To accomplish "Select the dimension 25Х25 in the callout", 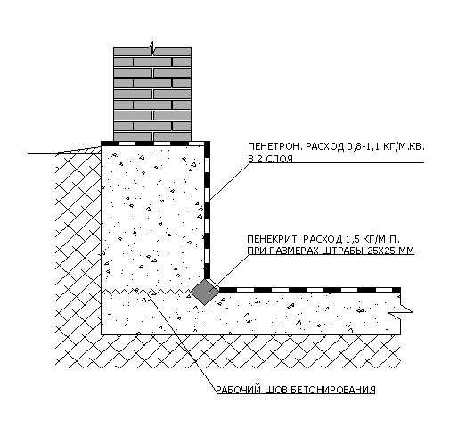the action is (x=381, y=251).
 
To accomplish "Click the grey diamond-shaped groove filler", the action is (x=205, y=292).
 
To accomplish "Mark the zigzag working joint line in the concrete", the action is (x=146, y=291).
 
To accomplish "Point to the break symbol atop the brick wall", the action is (x=152, y=49).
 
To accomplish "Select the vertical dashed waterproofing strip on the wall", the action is (x=207, y=211).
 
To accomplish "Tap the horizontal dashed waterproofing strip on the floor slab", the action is (x=309, y=290).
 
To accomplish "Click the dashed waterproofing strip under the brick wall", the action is (x=154, y=144).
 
